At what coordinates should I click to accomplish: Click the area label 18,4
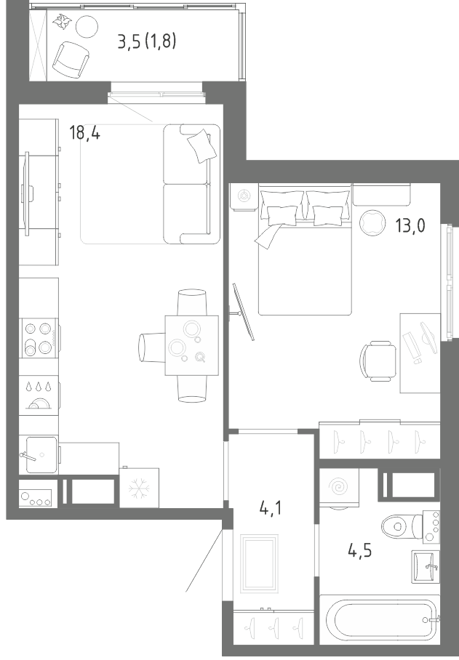tap(84, 134)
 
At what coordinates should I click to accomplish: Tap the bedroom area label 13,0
tap(410, 225)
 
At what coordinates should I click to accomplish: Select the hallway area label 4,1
tap(271, 509)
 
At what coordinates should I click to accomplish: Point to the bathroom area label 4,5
tap(359, 550)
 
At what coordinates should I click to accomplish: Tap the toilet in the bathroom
tap(404, 526)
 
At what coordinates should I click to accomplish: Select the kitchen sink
tap(41, 454)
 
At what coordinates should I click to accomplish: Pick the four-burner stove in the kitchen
tap(39, 338)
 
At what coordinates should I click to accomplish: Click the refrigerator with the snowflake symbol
tap(140, 488)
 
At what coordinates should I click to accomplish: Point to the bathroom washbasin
tap(426, 566)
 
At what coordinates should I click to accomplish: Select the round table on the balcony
tap(87, 26)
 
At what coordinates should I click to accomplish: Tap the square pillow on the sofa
tap(201, 146)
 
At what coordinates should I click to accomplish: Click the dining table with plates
tap(191, 345)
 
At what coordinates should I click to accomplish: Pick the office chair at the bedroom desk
tap(378, 361)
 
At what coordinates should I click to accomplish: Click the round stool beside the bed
tap(372, 222)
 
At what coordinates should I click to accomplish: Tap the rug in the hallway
tap(259, 563)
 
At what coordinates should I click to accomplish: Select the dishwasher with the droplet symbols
tap(39, 395)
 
